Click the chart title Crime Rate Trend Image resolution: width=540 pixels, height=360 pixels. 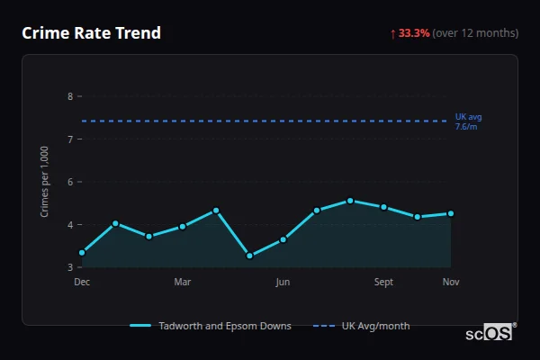click(x=91, y=33)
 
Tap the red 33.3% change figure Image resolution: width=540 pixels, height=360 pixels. click(x=414, y=33)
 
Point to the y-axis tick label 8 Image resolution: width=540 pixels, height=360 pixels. click(x=71, y=95)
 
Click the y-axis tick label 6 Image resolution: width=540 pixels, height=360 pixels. click(x=71, y=182)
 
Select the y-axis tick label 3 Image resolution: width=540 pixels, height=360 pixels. click(x=71, y=267)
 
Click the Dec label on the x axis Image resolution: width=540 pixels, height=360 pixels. click(x=82, y=283)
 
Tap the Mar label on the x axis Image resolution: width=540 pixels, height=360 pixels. click(x=183, y=283)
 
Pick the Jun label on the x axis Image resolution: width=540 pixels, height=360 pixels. click(x=283, y=283)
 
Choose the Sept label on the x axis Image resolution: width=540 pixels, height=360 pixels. click(x=383, y=283)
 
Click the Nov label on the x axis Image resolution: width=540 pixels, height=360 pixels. click(x=451, y=283)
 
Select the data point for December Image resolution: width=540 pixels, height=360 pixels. click(x=82, y=253)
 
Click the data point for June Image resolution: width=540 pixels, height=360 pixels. click(x=283, y=239)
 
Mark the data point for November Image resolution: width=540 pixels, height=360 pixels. click(x=451, y=213)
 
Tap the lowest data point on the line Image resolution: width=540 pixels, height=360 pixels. click(x=249, y=256)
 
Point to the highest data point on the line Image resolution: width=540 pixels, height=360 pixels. click(x=350, y=201)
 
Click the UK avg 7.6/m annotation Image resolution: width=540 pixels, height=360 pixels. click(x=469, y=121)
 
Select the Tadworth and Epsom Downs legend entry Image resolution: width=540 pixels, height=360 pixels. click(x=211, y=326)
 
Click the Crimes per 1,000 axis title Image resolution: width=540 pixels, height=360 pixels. click(x=45, y=181)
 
